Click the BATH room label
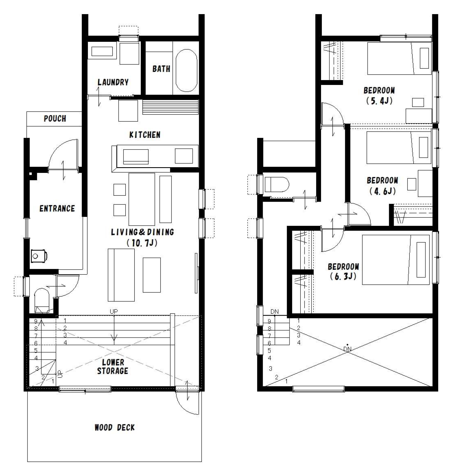click(x=161, y=69)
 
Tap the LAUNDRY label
click(x=113, y=82)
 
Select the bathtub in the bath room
click(x=186, y=71)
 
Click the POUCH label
click(x=55, y=118)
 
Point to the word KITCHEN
click(x=145, y=135)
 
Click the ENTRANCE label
click(x=57, y=208)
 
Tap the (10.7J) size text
click(x=142, y=243)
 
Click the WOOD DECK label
click(x=114, y=427)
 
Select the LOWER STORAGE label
click(x=113, y=366)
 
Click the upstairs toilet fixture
click(x=277, y=185)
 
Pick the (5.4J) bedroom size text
click(x=379, y=101)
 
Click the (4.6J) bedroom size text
click(x=382, y=191)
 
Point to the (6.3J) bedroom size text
click(x=343, y=276)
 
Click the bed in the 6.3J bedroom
click(x=396, y=260)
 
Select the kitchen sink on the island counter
click(x=136, y=157)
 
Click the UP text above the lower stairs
click(x=114, y=312)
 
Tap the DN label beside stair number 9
click(x=275, y=312)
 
